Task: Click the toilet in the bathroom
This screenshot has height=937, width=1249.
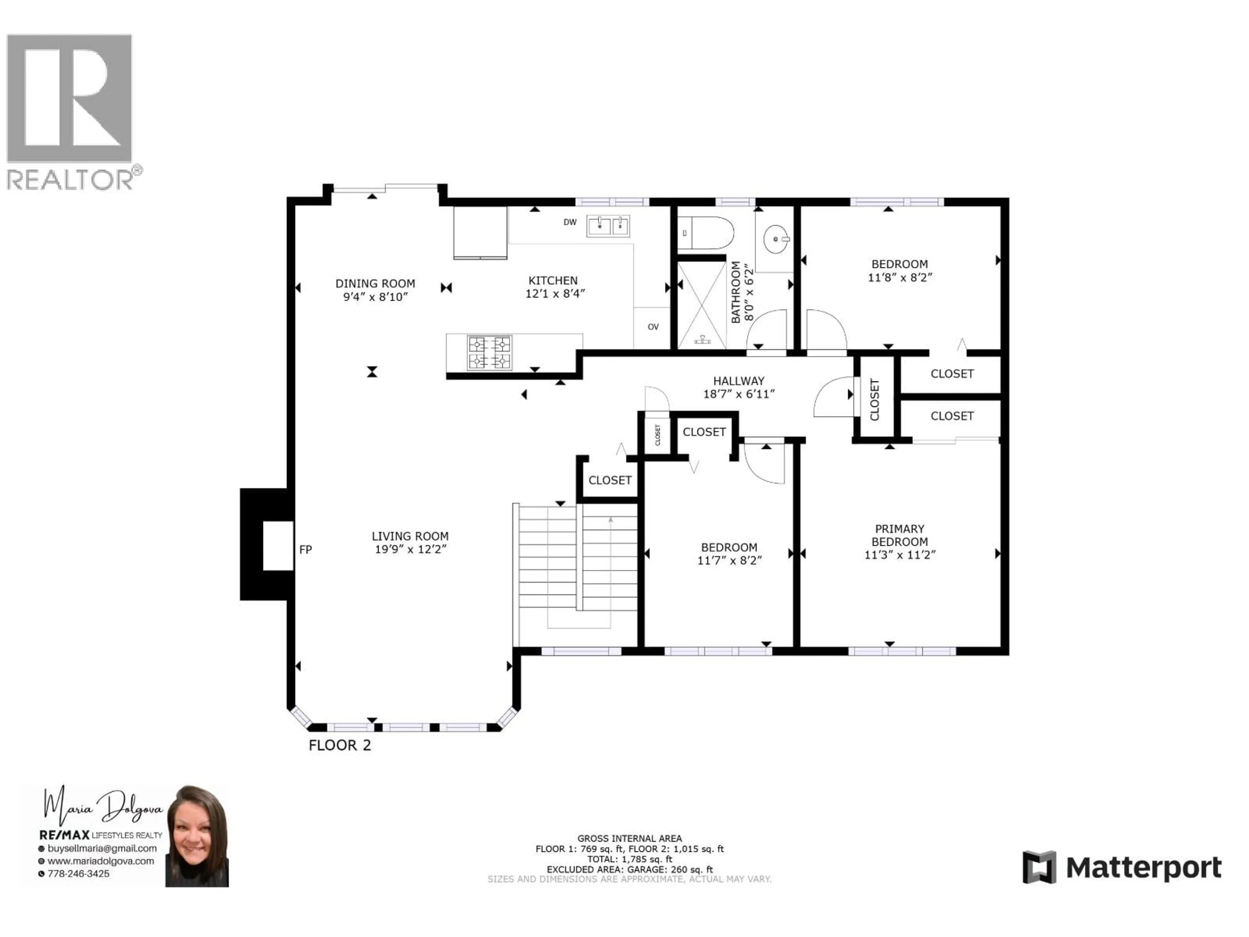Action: tap(706, 233)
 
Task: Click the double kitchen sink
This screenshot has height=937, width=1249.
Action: tap(608, 226)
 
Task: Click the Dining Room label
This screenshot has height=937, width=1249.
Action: tap(375, 283)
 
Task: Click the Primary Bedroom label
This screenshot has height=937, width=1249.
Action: tap(899, 535)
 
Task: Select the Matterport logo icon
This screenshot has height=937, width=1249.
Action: tap(1039, 867)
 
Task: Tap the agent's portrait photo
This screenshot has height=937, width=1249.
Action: tap(197, 835)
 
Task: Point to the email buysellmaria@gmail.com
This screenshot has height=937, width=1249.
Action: tap(101, 848)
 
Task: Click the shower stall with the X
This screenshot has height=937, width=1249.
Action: tap(701, 305)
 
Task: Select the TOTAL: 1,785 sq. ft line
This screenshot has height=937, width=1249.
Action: tap(630, 859)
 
